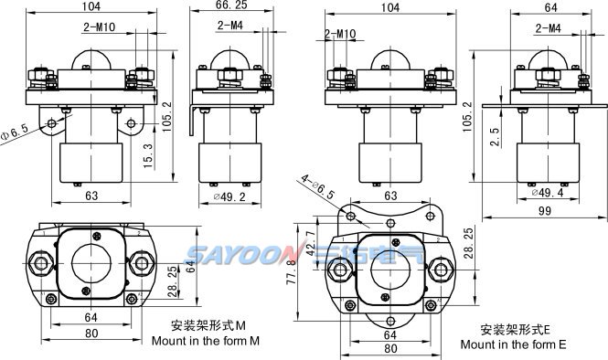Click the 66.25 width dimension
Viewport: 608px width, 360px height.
click(232, 5)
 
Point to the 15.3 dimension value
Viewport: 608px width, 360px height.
click(148, 155)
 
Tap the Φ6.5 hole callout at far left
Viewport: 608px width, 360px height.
click(14, 131)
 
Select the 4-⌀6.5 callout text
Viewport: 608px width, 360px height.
click(317, 186)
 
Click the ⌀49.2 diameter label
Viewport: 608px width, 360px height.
click(229, 196)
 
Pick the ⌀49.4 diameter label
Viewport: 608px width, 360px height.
click(548, 193)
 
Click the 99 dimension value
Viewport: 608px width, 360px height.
click(544, 211)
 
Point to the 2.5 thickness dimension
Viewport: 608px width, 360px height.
click(495, 137)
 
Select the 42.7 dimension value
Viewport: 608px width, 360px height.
click(311, 243)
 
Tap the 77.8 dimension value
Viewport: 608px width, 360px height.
click(292, 272)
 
